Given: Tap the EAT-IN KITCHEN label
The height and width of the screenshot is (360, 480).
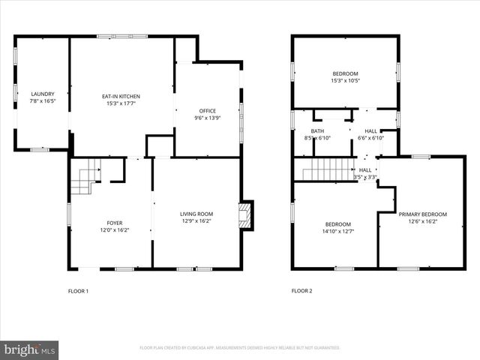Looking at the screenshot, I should click(x=121, y=96).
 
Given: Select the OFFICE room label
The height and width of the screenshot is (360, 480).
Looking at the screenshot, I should click(x=208, y=111).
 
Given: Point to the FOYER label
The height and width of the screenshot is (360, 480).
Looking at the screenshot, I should click(x=114, y=223).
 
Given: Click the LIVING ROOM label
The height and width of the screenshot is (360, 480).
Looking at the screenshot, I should click(x=196, y=214).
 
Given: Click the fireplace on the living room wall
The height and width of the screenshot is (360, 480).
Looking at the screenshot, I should click(x=245, y=214).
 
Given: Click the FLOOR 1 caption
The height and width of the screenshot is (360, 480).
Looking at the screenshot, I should click(x=78, y=290).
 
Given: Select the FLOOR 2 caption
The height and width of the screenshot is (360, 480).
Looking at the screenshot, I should click(x=301, y=290).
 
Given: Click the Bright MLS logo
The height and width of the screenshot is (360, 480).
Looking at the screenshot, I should click(x=29, y=349).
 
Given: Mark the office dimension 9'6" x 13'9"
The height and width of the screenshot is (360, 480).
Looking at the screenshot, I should click(x=208, y=118).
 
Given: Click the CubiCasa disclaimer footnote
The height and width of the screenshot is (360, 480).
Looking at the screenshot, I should click(x=240, y=348).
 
